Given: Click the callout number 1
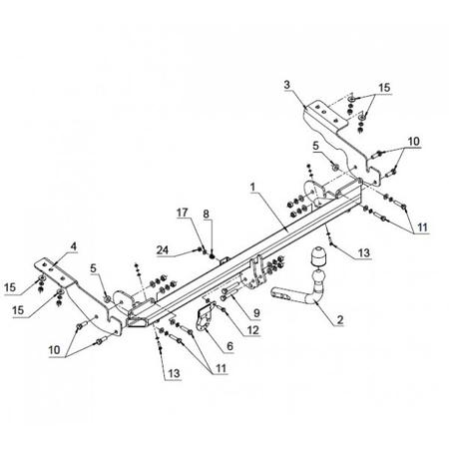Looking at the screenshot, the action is click(x=253, y=188).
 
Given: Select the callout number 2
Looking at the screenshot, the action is click(x=339, y=319).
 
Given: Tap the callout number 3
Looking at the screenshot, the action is click(x=286, y=85).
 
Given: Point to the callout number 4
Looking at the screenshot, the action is click(x=73, y=246).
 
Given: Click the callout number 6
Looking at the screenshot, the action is click(x=229, y=346).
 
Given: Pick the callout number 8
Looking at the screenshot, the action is click(x=207, y=214).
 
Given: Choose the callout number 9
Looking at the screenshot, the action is click(x=256, y=312).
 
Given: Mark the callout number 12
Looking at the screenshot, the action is click(x=252, y=330).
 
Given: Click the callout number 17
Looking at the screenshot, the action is click(x=183, y=213).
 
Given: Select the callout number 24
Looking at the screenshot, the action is click(x=163, y=249).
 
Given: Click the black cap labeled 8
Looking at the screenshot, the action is click(x=212, y=256).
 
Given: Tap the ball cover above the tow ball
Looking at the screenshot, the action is click(x=318, y=257).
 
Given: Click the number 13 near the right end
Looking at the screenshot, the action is click(x=364, y=252).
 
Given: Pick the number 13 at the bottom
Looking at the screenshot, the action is click(x=174, y=373).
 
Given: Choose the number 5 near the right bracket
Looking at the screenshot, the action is click(x=315, y=146).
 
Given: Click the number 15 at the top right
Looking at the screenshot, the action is click(x=384, y=88).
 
